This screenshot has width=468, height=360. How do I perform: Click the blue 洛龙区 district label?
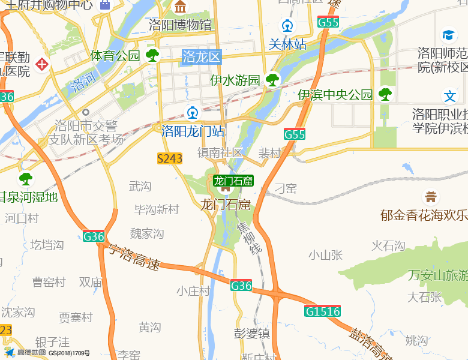coord(202,57)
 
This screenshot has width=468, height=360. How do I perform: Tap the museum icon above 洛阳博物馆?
coord(181,8)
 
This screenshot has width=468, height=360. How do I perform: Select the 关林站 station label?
coord(287,44)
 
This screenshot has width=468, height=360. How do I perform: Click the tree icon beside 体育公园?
coord(152,55)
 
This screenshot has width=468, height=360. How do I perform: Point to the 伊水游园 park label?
coord(235,80)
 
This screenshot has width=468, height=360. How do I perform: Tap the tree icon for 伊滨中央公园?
coord(385,94)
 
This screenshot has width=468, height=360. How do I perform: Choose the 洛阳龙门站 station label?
coord(193,131)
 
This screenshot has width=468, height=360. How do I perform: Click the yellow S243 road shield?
coord(170,158)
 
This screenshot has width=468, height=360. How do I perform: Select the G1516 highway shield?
coord(322,311)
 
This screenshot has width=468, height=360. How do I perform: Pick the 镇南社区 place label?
coord(220,153)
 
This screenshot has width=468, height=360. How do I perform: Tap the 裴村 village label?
coord(269,153)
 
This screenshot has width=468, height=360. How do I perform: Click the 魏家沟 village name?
coord(147,233)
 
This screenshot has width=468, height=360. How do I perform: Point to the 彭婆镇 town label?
coord(252,333)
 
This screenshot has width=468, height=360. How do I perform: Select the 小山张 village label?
coord(326,255)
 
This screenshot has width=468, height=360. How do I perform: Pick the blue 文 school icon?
coord(449,96)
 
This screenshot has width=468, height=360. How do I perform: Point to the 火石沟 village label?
coord(388,245)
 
